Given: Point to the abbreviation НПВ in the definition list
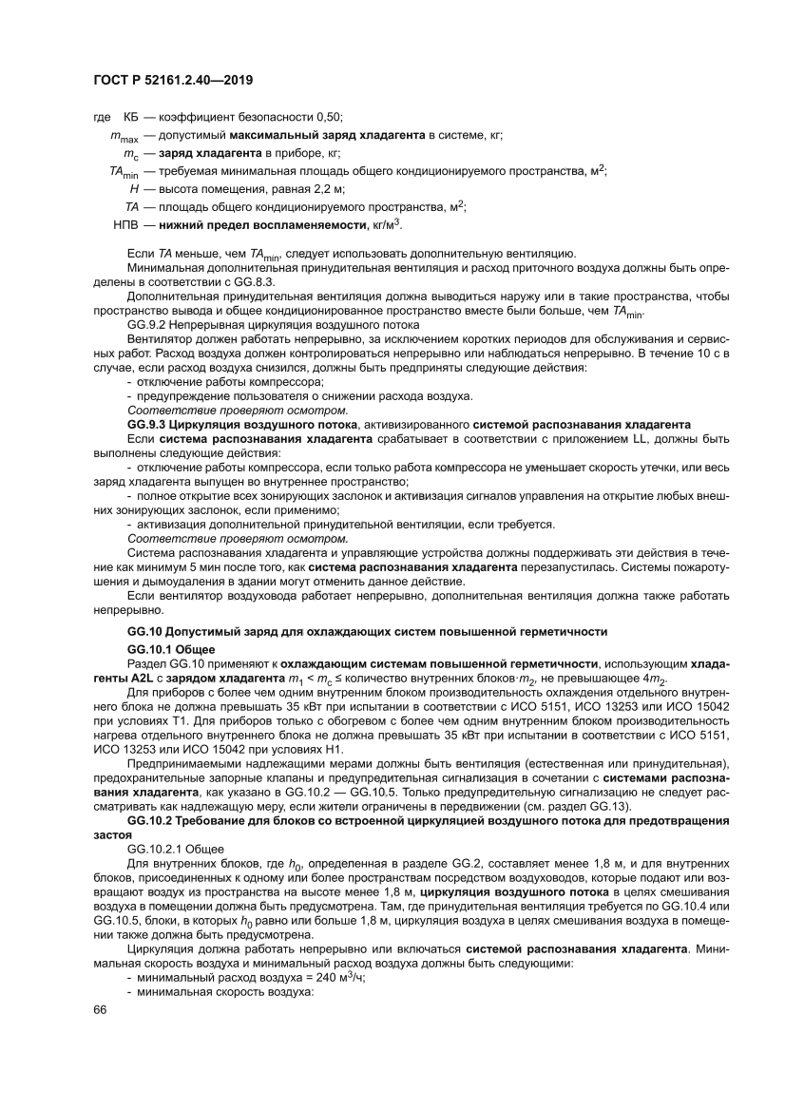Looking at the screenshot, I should (x=126, y=224).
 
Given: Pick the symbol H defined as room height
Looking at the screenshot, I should (x=134, y=188).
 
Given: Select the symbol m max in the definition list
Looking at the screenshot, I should (x=124, y=136).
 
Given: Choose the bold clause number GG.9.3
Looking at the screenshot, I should (x=148, y=422).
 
